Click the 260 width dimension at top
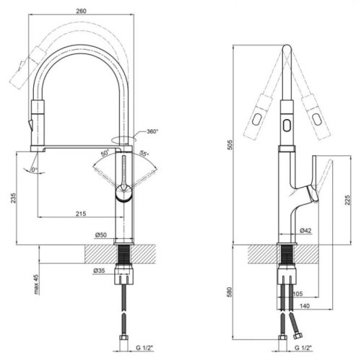coord(81,11)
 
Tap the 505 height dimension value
coord(230,144)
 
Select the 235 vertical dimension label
coord(13,198)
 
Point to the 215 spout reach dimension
coord(81,214)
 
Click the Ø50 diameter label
coord(101,234)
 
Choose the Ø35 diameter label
coord(99,271)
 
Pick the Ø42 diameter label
coord(305,230)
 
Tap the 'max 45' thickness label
coord(36,284)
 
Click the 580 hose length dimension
coord(230,291)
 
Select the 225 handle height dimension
coord(347,200)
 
